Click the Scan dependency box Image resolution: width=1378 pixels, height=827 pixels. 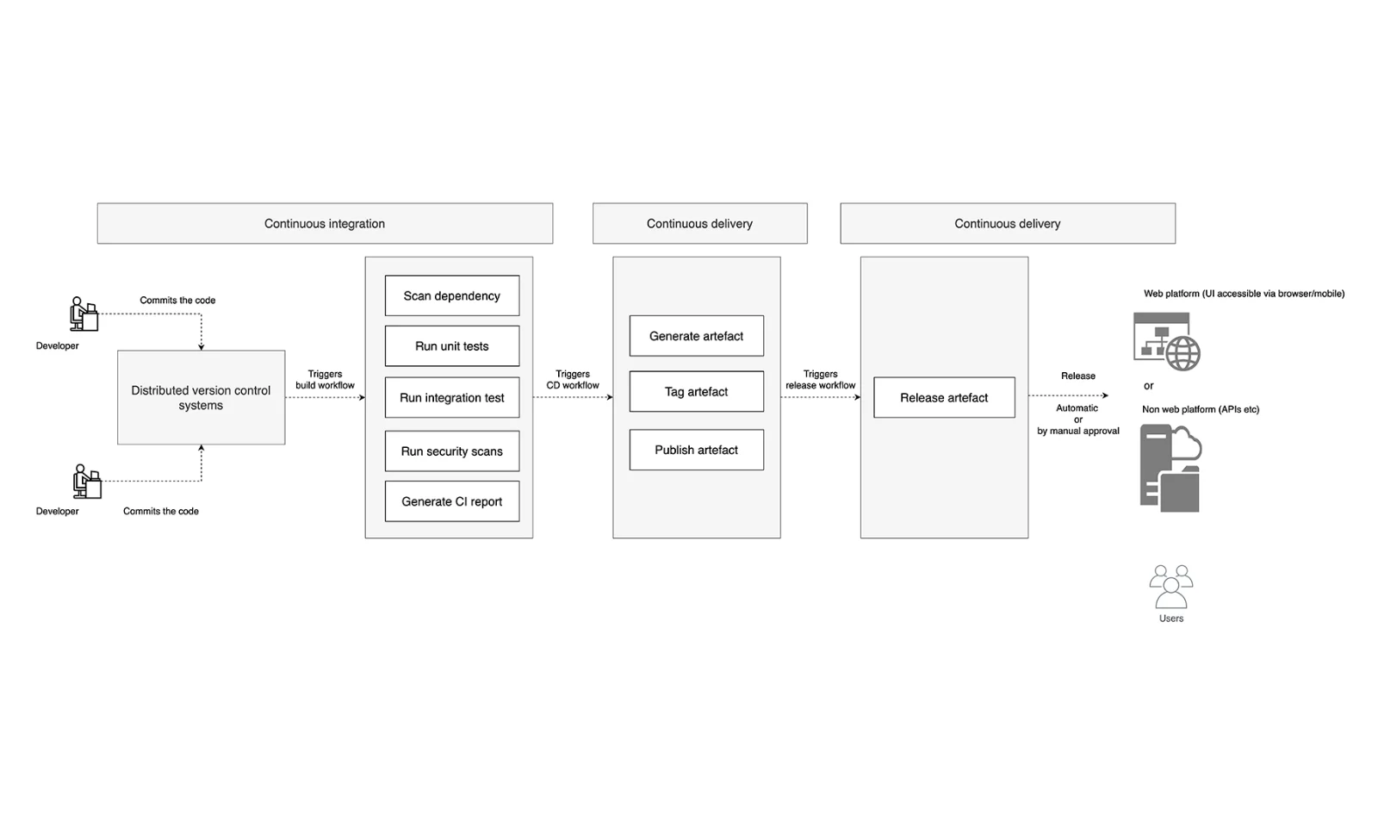[x=451, y=295]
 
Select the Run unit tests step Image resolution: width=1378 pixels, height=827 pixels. [x=451, y=346]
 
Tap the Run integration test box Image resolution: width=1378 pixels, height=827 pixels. [x=451, y=398]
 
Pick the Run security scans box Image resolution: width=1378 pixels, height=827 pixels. [x=451, y=451]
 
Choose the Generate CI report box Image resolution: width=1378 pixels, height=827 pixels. [x=451, y=501]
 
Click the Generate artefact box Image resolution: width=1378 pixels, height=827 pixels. [x=696, y=336]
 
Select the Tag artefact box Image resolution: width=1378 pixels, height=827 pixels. [x=696, y=392]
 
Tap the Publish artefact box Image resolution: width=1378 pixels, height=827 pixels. [x=696, y=450]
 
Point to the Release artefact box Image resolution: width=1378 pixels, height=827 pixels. [x=944, y=398]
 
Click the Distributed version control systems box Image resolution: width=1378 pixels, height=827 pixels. [x=201, y=397]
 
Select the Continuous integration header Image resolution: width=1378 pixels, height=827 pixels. [x=325, y=223]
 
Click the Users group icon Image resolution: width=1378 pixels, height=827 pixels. [x=1170, y=587]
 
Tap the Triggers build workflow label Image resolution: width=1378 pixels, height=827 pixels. [x=325, y=380]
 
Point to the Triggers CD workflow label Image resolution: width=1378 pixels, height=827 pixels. [x=573, y=380]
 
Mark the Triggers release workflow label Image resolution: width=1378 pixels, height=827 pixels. [x=820, y=380]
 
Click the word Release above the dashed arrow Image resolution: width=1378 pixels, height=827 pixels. [x=1077, y=376]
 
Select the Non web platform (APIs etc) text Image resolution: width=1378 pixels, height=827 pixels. [x=1200, y=409]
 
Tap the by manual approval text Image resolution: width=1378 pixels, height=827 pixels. [x=1077, y=431]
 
